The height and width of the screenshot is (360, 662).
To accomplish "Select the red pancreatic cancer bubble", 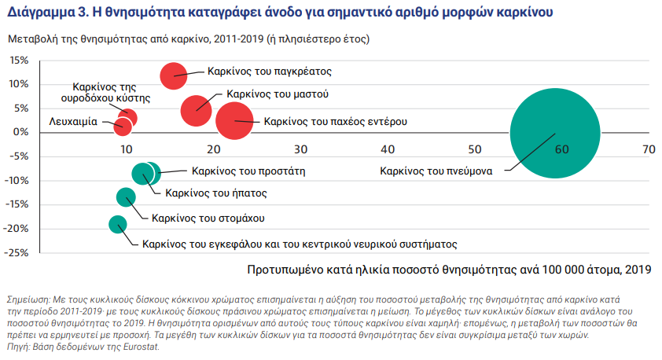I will click(173, 76).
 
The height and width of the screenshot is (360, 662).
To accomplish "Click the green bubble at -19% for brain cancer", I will click(118, 225).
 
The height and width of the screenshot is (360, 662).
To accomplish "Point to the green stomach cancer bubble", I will click(127, 197).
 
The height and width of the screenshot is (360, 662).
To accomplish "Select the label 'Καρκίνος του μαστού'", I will click(278, 94).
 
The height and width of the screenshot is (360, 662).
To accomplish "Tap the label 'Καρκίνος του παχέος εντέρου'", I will click(335, 122).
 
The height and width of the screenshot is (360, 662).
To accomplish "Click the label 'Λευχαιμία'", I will click(73, 123).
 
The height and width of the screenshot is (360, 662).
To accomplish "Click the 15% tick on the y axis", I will click(19, 61).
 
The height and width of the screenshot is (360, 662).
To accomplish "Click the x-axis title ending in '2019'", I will click(450, 270).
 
